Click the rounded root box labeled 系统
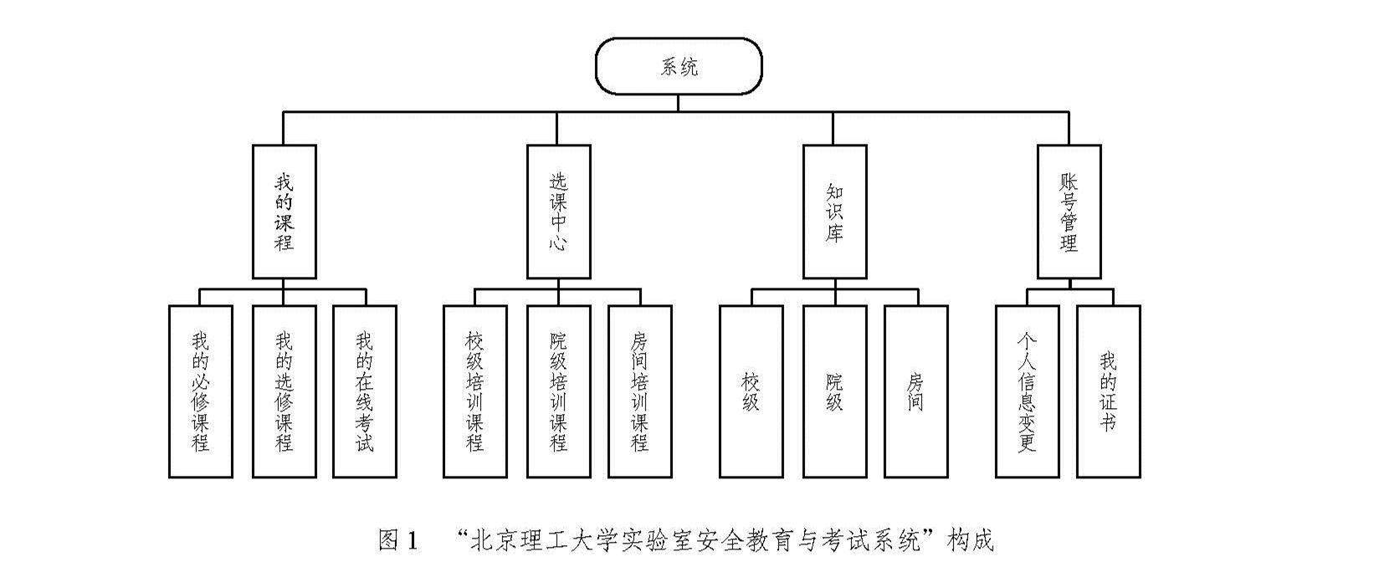point(678,66)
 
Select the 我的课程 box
point(284,211)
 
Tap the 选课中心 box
point(558,211)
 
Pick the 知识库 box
point(834,211)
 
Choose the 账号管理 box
point(1069,211)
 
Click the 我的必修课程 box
point(201,391)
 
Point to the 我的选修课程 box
point(284,391)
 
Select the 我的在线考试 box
point(365,391)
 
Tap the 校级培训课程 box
point(474,391)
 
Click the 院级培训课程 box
point(558,391)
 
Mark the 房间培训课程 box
point(640,391)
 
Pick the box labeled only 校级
point(751,391)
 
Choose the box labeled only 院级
point(834,391)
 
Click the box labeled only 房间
point(916,391)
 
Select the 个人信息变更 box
point(1027,391)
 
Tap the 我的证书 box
point(1108,391)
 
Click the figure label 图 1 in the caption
point(397,540)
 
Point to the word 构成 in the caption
point(970,540)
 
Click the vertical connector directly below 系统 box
point(678,102)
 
